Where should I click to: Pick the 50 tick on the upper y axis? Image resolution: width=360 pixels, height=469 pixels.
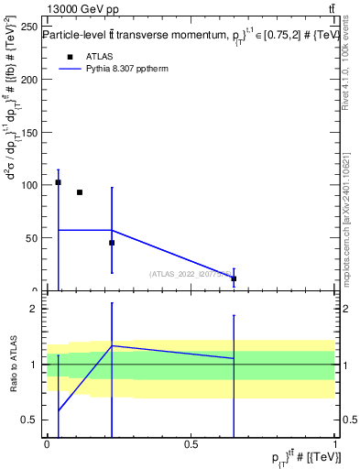tap(33, 238)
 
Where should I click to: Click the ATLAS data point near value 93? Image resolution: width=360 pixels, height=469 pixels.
tap(80, 192)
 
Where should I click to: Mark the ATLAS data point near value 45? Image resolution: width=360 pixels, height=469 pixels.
tap(112, 243)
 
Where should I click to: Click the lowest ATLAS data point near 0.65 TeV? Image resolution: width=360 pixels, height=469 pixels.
tap(234, 278)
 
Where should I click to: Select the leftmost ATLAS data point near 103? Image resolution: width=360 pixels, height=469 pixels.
tap(58, 182)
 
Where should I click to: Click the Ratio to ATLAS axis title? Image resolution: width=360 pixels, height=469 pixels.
tap(15, 365)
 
